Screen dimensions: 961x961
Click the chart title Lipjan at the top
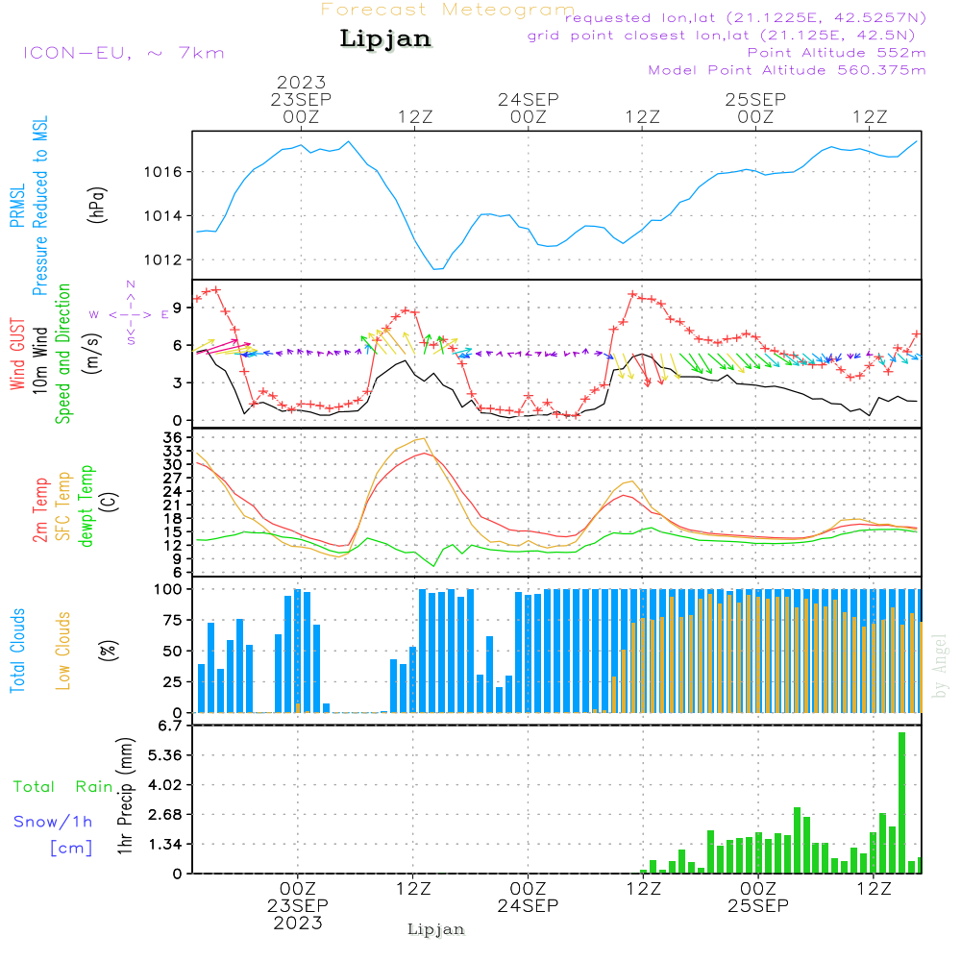click(385, 39)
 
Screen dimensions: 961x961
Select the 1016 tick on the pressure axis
click(163, 172)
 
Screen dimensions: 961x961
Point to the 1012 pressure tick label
click(163, 259)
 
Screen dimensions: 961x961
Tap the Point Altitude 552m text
click(837, 53)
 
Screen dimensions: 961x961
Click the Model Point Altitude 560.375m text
click(787, 70)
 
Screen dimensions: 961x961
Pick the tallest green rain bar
click(901, 802)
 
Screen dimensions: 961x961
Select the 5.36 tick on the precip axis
click(165, 755)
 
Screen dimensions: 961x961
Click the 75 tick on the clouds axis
click(172, 620)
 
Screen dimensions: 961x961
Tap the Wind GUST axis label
click(17, 355)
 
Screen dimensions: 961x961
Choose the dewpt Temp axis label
click(86, 505)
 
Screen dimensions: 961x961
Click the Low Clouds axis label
click(62, 651)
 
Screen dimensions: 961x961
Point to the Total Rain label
click(63, 786)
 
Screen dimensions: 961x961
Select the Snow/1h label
click(53, 822)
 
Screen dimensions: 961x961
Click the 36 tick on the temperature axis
click(173, 437)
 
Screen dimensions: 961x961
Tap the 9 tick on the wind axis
click(178, 308)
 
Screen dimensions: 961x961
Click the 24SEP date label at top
click(529, 99)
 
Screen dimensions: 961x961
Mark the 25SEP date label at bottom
click(758, 905)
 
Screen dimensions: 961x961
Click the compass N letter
click(131, 284)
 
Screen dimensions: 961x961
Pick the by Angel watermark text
click(940, 666)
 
